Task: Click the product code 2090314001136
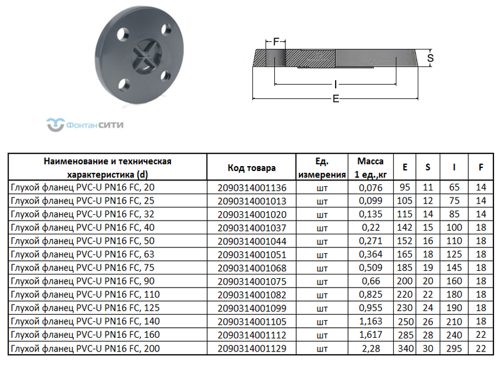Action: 252,187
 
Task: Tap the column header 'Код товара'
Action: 252,168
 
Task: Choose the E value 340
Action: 405,348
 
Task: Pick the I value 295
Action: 455,348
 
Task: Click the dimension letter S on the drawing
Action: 430,58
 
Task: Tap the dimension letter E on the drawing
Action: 336,99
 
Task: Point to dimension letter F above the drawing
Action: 276,43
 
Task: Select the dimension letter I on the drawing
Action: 336,84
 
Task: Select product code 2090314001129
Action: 252,348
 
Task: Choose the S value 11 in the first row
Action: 428,187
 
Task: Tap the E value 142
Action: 405,227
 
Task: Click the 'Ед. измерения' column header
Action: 322,168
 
